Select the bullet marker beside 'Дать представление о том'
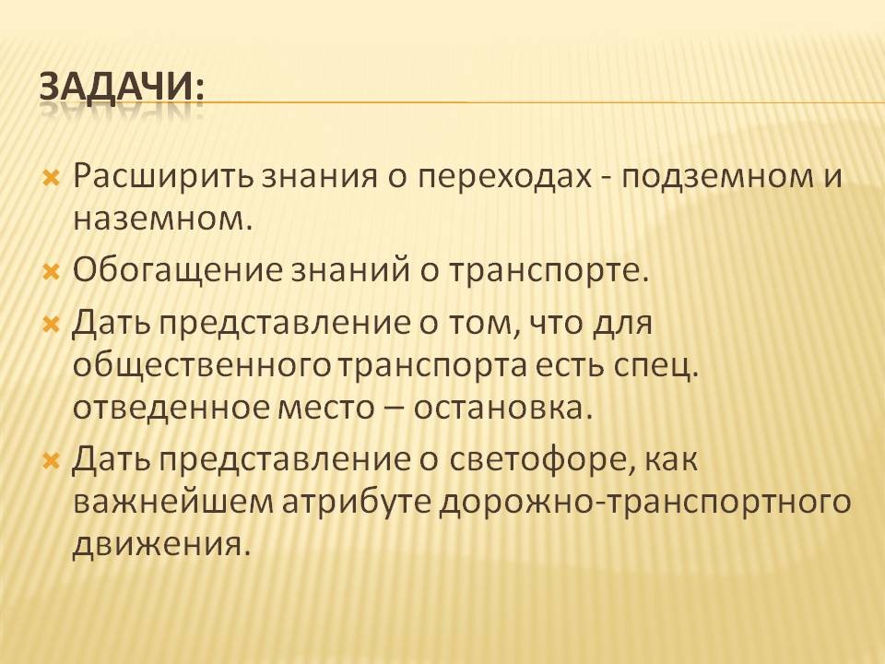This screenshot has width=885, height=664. coord(52,325)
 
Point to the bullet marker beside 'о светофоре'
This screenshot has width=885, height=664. coord(52,461)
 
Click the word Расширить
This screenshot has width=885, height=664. coord(164,177)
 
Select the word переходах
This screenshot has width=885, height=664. coord(504,178)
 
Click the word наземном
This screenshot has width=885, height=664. coord(160,219)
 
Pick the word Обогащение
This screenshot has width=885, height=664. coord(177,271)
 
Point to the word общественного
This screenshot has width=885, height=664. coord(201,367)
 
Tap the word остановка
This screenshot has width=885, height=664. coord(502,409)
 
